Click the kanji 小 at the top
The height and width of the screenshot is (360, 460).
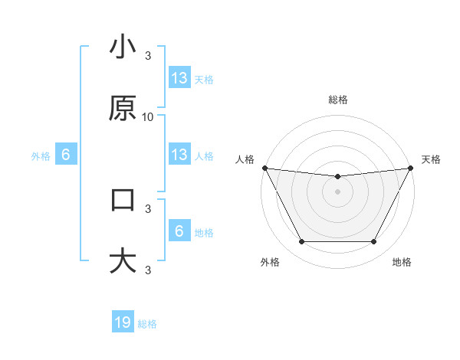click(123, 47)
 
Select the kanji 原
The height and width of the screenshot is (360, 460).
click(123, 109)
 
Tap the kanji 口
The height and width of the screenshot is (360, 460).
click(123, 200)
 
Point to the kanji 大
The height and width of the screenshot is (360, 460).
click(123, 261)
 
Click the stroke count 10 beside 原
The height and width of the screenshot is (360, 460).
click(148, 116)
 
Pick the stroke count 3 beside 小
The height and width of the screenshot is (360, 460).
click(148, 55)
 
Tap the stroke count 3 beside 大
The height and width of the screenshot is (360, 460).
click(148, 270)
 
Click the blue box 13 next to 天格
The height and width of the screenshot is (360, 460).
click(179, 78)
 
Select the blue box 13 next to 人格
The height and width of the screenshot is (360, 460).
click(179, 155)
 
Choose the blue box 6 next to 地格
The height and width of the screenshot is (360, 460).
click(179, 231)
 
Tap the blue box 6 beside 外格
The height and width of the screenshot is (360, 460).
click(66, 155)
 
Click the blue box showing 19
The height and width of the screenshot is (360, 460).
click(123, 322)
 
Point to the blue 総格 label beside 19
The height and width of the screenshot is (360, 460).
click(147, 324)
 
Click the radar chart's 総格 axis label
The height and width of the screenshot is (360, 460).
click(338, 100)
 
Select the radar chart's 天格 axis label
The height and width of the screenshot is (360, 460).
click(431, 159)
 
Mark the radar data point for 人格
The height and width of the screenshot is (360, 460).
click(265, 168)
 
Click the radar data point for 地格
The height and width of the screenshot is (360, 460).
click(374, 242)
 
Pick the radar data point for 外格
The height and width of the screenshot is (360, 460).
click(301, 242)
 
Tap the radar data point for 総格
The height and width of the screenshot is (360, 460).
click(338, 177)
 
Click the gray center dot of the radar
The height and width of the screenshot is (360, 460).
click(338, 191)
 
